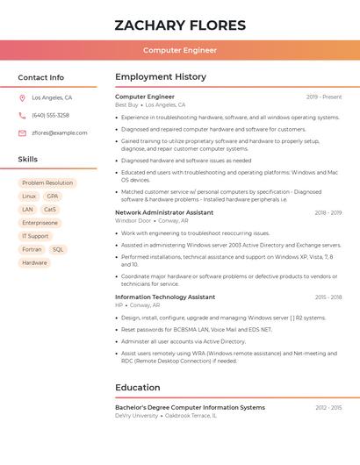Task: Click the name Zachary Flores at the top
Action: point(180,25)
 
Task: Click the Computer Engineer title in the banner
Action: point(180,50)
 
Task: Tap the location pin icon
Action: point(22,97)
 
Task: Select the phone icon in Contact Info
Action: point(22,115)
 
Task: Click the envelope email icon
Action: point(22,132)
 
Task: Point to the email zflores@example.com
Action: point(60,132)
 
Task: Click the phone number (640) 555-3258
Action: point(50,115)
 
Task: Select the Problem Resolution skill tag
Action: point(47,183)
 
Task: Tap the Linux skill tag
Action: point(29,197)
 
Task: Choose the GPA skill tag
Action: point(53,197)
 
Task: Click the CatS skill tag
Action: point(50,210)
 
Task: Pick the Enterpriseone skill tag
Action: point(40,223)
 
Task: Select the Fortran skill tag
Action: point(32,249)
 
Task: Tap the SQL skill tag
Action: point(58,249)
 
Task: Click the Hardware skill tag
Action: point(34,262)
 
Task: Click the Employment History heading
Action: point(161,77)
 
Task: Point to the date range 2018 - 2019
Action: point(328,212)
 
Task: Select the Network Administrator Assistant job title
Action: point(164,212)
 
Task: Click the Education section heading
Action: point(138,387)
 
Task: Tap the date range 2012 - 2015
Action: point(328,407)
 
